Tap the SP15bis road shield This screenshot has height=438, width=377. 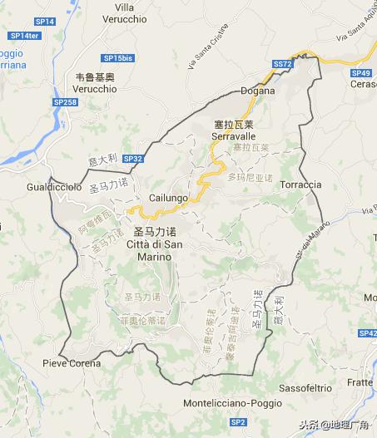pyautogui.click(x=119, y=57)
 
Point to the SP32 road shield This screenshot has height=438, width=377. pyautogui.click(x=133, y=157)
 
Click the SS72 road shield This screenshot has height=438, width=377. pyautogui.click(x=283, y=64)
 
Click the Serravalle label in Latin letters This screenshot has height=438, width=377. pyautogui.click(x=232, y=135)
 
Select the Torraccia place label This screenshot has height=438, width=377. pyautogui.click(x=300, y=184)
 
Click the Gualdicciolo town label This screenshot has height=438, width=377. pyautogui.click(x=54, y=188)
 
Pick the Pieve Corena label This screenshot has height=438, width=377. pyautogui.click(x=72, y=364)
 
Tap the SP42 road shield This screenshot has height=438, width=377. pyautogui.click(x=368, y=332)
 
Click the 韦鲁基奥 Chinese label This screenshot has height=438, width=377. pyautogui.click(x=95, y=76)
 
